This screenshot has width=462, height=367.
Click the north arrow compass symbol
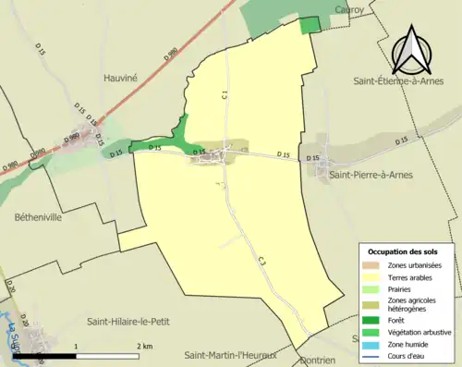pyautogui.click(x=412, y=50)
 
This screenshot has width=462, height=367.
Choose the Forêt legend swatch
pyautogui.click(x=372, y=315)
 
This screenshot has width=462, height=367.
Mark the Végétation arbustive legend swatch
pyautogui.click(x=372, y=326)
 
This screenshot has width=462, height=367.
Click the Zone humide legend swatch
pyautogui.click(x=372, y=337)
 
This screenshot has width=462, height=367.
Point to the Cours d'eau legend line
pyautogui.click(x=372, y=349)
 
